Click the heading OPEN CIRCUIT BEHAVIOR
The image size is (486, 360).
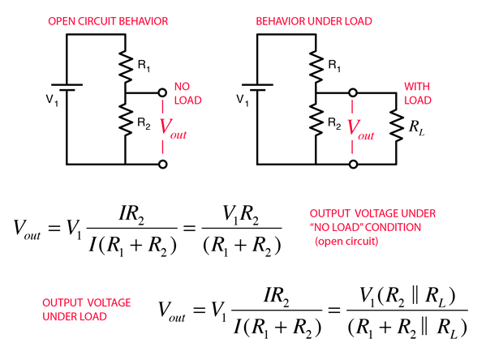click(108, 21)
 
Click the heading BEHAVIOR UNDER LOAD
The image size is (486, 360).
click(314, 21)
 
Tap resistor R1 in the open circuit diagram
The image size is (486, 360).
click(125, 66)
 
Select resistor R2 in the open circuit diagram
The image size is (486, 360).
click(125, 119)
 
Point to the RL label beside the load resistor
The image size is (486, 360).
click(416, 127)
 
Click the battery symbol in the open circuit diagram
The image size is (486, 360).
click(67, 88)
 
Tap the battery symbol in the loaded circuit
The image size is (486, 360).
click(257, 88)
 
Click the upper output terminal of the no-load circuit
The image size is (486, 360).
click(162, 92)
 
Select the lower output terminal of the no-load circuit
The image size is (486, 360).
click(163, 165)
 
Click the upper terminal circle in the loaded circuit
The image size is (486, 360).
click(353, 92)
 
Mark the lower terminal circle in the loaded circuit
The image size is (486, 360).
click(353, 165)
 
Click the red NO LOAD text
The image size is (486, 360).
click(188, 93)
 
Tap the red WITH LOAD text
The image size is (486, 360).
click(418, 93)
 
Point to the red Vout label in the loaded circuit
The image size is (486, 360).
click(361, 130)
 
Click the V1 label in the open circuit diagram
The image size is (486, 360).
click(52, 100)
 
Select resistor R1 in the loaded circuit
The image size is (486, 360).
click(316, 66)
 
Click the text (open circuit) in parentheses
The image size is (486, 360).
click(346, 241)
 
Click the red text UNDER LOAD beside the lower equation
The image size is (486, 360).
click(75, 317)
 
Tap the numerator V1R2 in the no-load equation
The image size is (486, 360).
click(240, 215)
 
